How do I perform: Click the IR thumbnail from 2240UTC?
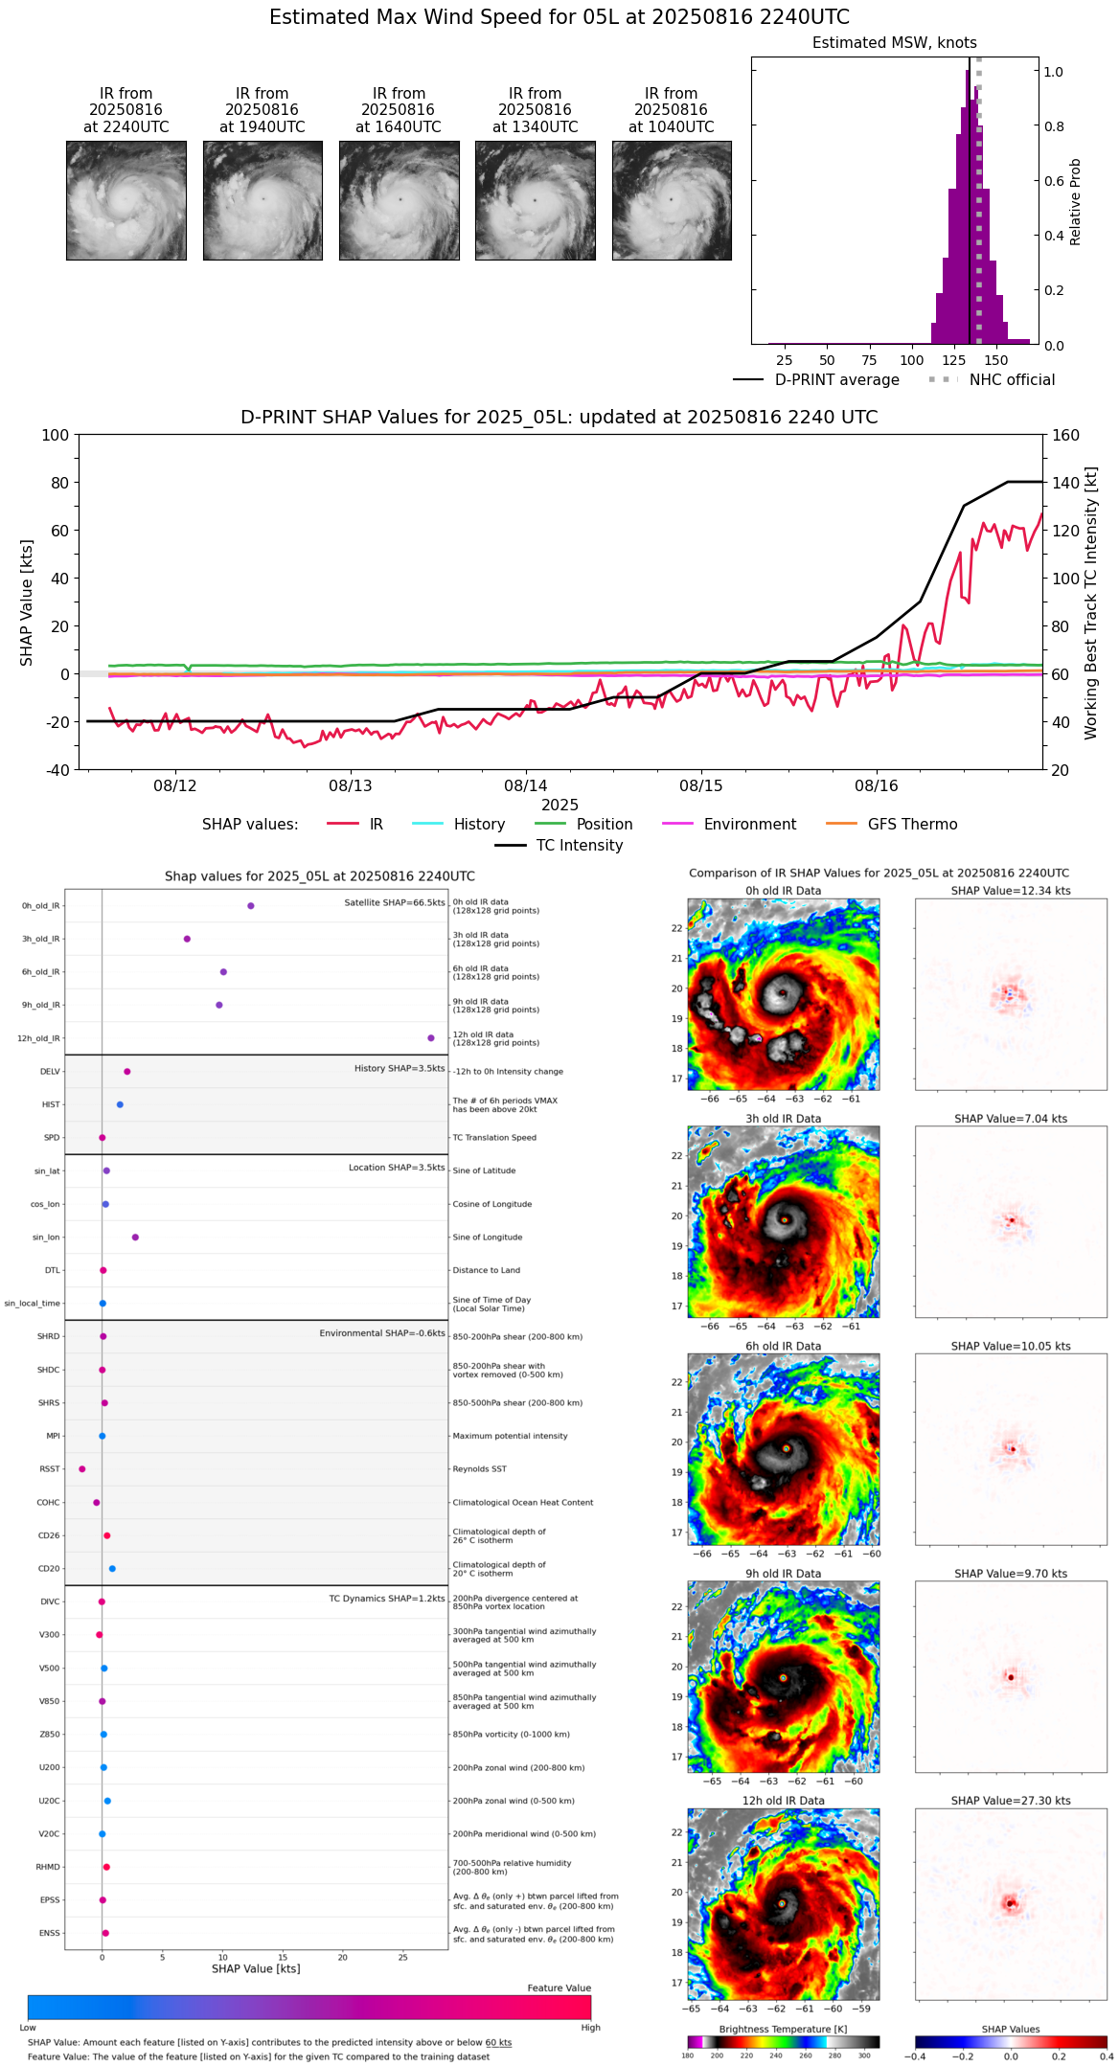126,200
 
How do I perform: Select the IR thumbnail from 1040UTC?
672,200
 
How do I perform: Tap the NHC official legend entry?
1011,380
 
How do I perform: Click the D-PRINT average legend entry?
836,380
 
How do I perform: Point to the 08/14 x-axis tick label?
525,785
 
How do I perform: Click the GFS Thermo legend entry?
911,825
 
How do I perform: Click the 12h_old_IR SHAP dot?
431,1038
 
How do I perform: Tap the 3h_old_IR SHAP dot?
187,939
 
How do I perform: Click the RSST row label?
49,1469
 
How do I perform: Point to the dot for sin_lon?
135,1238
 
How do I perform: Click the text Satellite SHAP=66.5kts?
395,903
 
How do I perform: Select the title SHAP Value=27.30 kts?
1010,1802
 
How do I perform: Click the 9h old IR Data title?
783,1574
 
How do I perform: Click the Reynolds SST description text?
479,1469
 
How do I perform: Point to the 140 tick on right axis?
1065,483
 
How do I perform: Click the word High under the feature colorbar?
590,2028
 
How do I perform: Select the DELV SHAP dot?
126,1072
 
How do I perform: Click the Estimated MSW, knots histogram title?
894,43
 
